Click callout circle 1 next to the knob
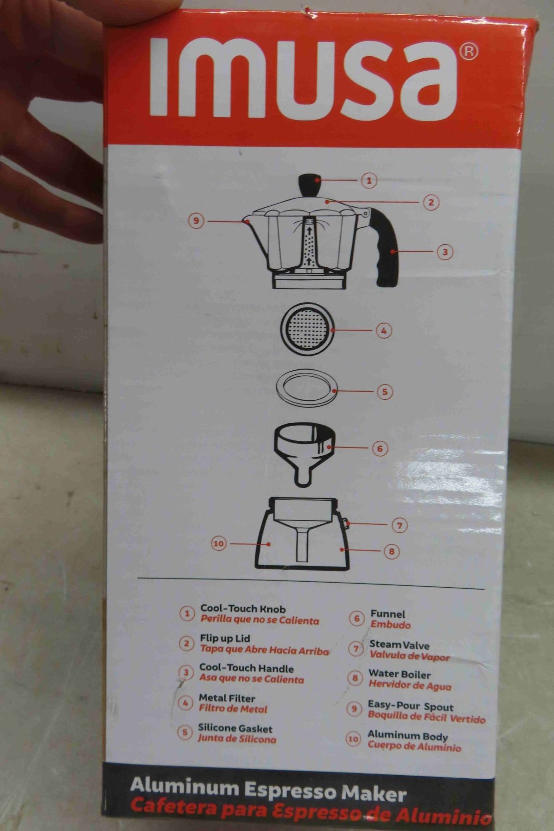tap(369, 180)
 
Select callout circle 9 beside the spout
tap(196, 221)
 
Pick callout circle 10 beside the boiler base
tap(218, 544)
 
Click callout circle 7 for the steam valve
tap(400, 525)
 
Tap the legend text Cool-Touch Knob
tap(243, 609)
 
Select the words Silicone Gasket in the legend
tap(235, 728)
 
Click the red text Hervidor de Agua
tap(410, 686)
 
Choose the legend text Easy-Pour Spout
tap(410, 706)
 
